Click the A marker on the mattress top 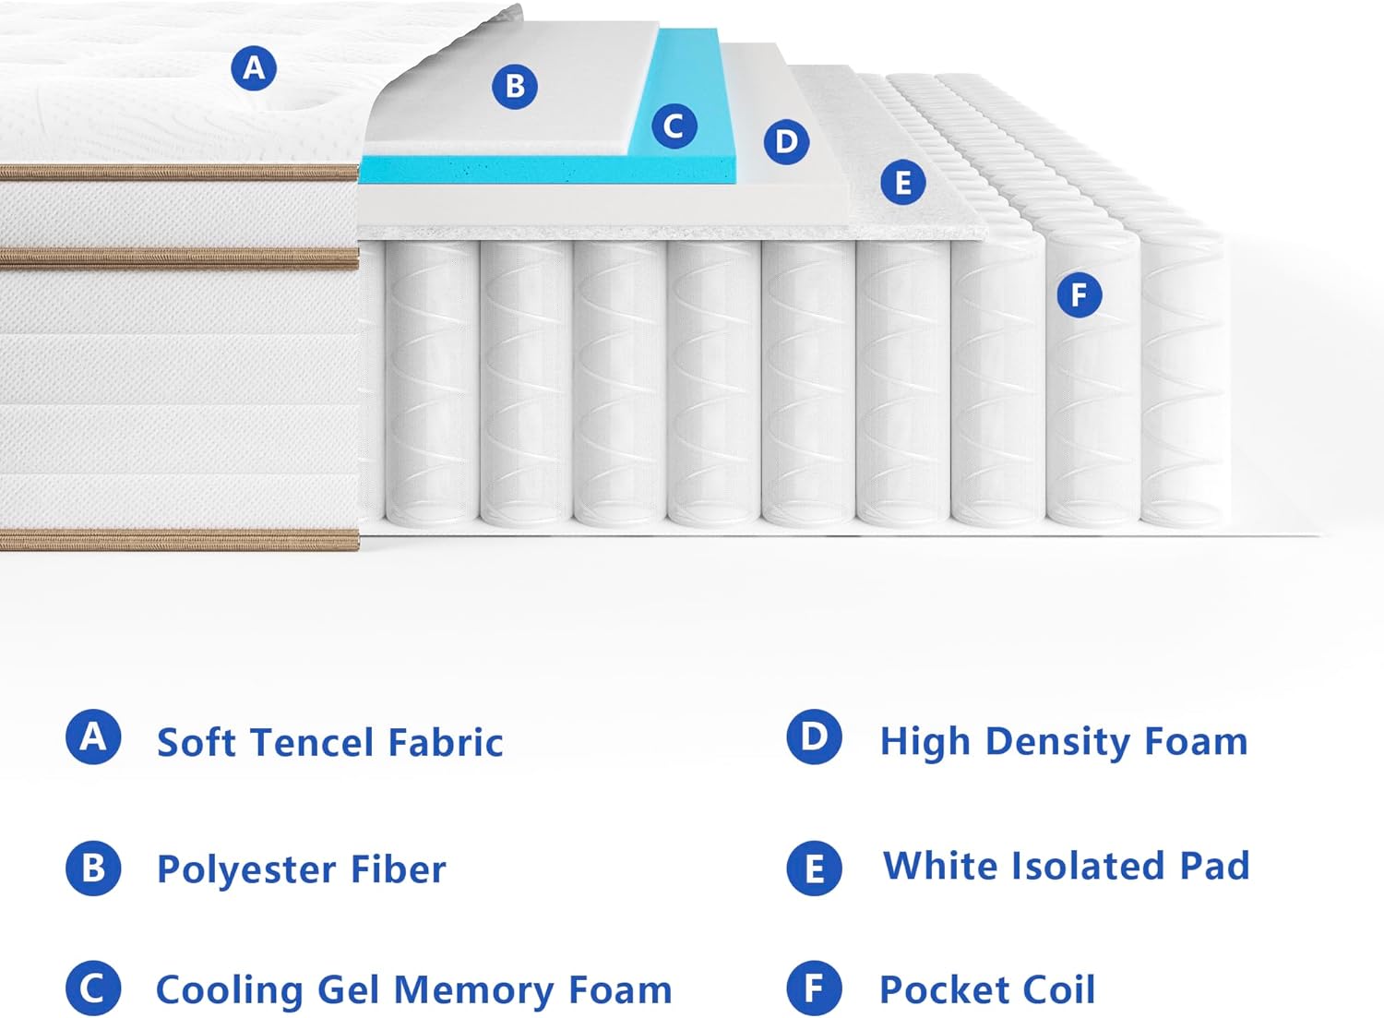pos(254,68)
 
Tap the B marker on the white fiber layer pos(515,87)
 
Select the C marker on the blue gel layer pos(674,126)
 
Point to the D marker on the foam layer pos(786,142)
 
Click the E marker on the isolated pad pos(902,183)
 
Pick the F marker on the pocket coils pos(1079,294)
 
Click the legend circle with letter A pos(93,737)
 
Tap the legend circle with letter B pos(93,868)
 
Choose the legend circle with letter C pos(93,988)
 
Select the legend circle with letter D pos(814,737)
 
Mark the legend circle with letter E pos(814,868)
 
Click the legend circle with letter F pos(814,988)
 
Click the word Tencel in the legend pos(312,742)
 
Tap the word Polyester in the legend pos(246,870)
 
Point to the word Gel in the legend pos(348,989)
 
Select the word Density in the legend pos(1057,743)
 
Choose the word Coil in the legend pos(1058,989)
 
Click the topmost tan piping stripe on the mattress pos(179,173)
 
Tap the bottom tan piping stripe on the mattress pos(179,540)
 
